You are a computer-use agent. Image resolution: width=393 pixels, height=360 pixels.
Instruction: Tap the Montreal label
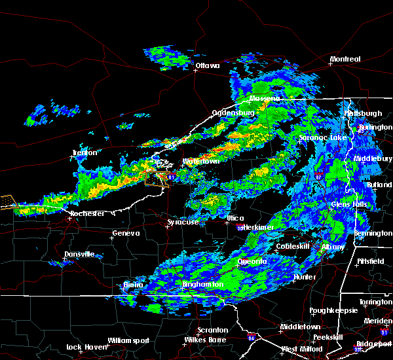pos(345,60)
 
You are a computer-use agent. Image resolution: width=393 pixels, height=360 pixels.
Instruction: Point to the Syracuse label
pos(183,223)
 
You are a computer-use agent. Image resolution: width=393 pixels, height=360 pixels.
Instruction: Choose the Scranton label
pos(214,330)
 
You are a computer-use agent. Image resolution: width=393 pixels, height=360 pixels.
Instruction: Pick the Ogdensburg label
pos(233,113)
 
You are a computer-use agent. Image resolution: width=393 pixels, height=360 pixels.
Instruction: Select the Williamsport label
pos(128,340)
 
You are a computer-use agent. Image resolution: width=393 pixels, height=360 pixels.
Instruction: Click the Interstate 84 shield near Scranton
pos(253,338)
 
